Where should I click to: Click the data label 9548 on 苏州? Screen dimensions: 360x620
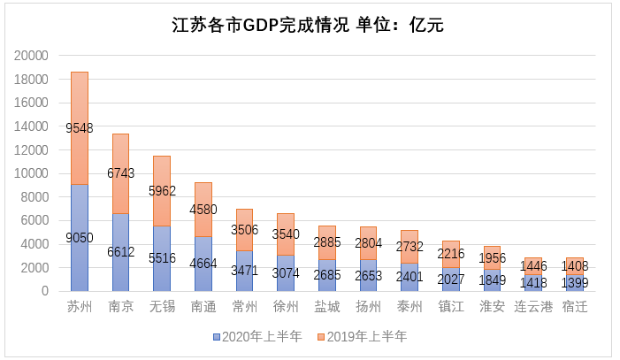[x=80, y=128]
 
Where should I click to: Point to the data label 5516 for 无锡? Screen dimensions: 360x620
[x=161, y=257]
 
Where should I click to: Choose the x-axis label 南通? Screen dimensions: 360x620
[x=203, y=308]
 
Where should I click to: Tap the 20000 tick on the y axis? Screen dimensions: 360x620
[x=32, y=55]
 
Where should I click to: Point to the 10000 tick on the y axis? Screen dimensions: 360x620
[x=32, y=173]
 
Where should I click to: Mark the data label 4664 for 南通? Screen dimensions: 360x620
[x=203, y=263]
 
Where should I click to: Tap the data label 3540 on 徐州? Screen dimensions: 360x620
[x=285, y=234]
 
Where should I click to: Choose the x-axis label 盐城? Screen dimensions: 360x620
[x=326, y=308]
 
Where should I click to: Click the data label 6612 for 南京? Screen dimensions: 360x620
[x=120, y=251]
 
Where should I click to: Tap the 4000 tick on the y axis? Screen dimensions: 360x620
[x=35, y=244]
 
